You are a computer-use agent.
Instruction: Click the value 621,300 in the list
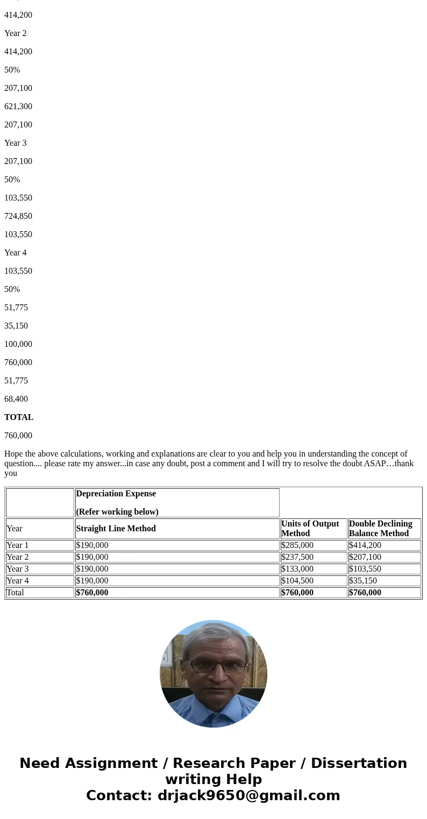(18, 106)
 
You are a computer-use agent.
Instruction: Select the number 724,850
(18, 216)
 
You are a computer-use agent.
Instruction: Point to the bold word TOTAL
(19, 417)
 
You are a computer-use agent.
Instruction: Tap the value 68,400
(16, 399)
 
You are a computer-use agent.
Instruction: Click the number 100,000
(18, 344)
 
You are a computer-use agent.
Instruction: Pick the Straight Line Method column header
(116, 529)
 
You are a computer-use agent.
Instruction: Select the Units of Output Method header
(310, 529)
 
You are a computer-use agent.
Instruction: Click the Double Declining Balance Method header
(380, 529)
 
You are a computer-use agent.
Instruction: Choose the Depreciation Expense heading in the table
(116, 494)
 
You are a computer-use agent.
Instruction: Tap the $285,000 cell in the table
(297, 545)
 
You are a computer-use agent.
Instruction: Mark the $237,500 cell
(297, 557)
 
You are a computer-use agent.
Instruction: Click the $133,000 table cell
(297, 569)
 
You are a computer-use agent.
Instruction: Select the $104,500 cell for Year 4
(297, 581)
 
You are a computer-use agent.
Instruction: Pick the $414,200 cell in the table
(365, 545)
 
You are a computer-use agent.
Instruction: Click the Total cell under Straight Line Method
(92, 593)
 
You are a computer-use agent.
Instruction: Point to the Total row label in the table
(15, 593)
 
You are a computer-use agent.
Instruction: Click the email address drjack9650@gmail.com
(248, 796)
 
